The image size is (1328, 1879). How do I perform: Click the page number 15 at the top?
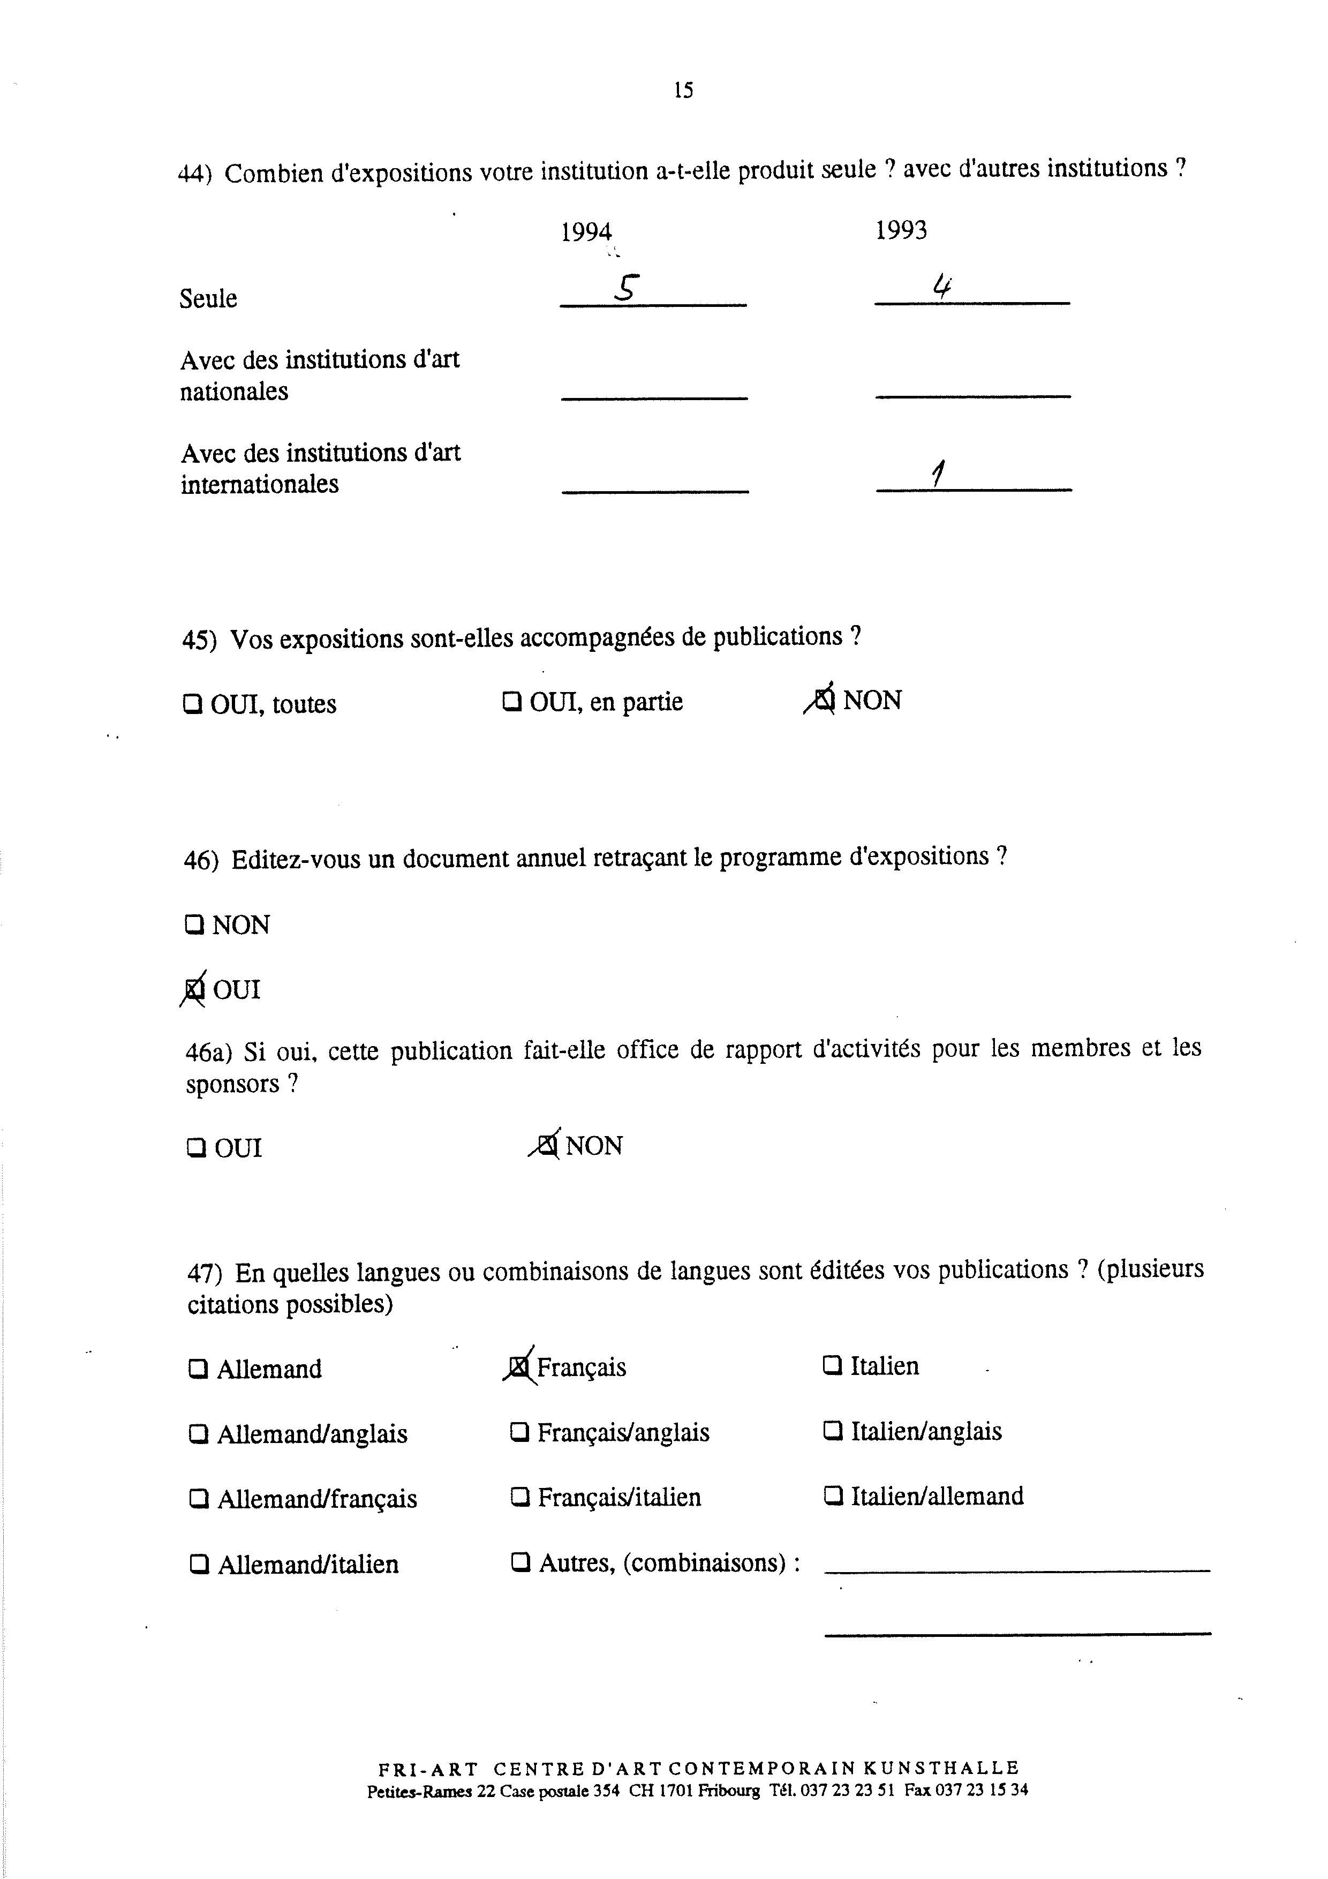[x=683, y=90]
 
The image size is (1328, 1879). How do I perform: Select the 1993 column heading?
[x=901, y=230]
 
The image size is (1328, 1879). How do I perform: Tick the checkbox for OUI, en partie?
[x=512, y=701]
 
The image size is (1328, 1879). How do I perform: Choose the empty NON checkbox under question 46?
[x=194, y=925]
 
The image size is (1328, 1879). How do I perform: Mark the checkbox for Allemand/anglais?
[x=198, y=1434]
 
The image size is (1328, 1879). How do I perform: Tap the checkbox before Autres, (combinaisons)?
[x=519, y=1563]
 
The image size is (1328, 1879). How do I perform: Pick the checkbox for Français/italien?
[x=519, y=1498]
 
